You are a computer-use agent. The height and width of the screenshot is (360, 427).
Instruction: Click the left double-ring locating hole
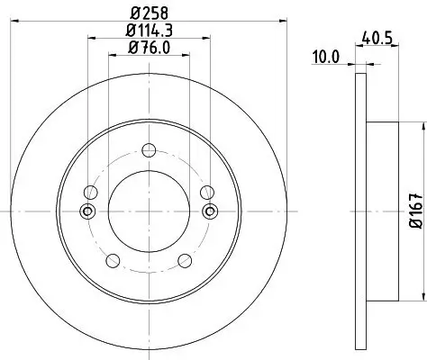click(x=86, y=211)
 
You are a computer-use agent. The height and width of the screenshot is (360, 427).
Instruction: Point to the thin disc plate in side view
click(x=361, y=211)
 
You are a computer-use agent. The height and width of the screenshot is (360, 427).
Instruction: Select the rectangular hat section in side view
click(x=382, y=211)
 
